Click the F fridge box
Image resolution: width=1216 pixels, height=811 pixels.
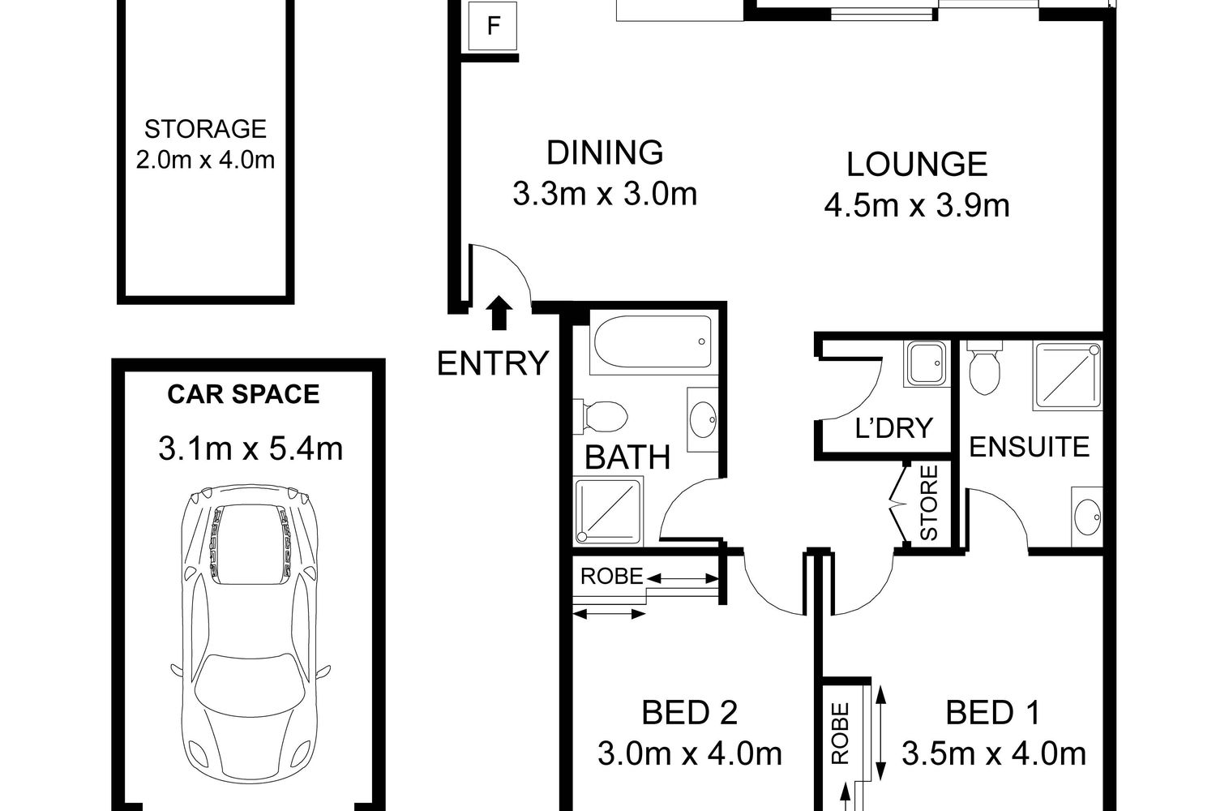[493, 25]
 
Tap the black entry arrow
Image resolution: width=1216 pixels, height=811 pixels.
[499, 313]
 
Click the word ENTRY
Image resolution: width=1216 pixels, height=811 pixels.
[493, 363]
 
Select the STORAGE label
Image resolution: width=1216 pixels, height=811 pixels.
[205, 129]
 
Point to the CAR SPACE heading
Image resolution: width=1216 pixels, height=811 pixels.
[243, 394]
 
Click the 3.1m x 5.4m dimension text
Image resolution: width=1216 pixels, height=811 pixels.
[250, 449]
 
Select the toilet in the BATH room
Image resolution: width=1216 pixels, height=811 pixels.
[601, 417]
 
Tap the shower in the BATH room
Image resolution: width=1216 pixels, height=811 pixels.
[609, 511]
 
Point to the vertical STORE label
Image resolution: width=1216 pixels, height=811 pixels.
[929, 503]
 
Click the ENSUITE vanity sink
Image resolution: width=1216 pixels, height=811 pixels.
[1087, 517]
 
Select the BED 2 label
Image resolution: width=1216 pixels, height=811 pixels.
[689, 713]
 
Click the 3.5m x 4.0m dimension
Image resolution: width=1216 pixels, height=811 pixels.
[993, 754]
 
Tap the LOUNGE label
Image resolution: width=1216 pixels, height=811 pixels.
[917, 165]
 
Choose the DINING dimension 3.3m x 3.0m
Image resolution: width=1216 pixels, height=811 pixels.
[605, 194]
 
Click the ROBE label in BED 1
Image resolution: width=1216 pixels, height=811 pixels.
[840, 733]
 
